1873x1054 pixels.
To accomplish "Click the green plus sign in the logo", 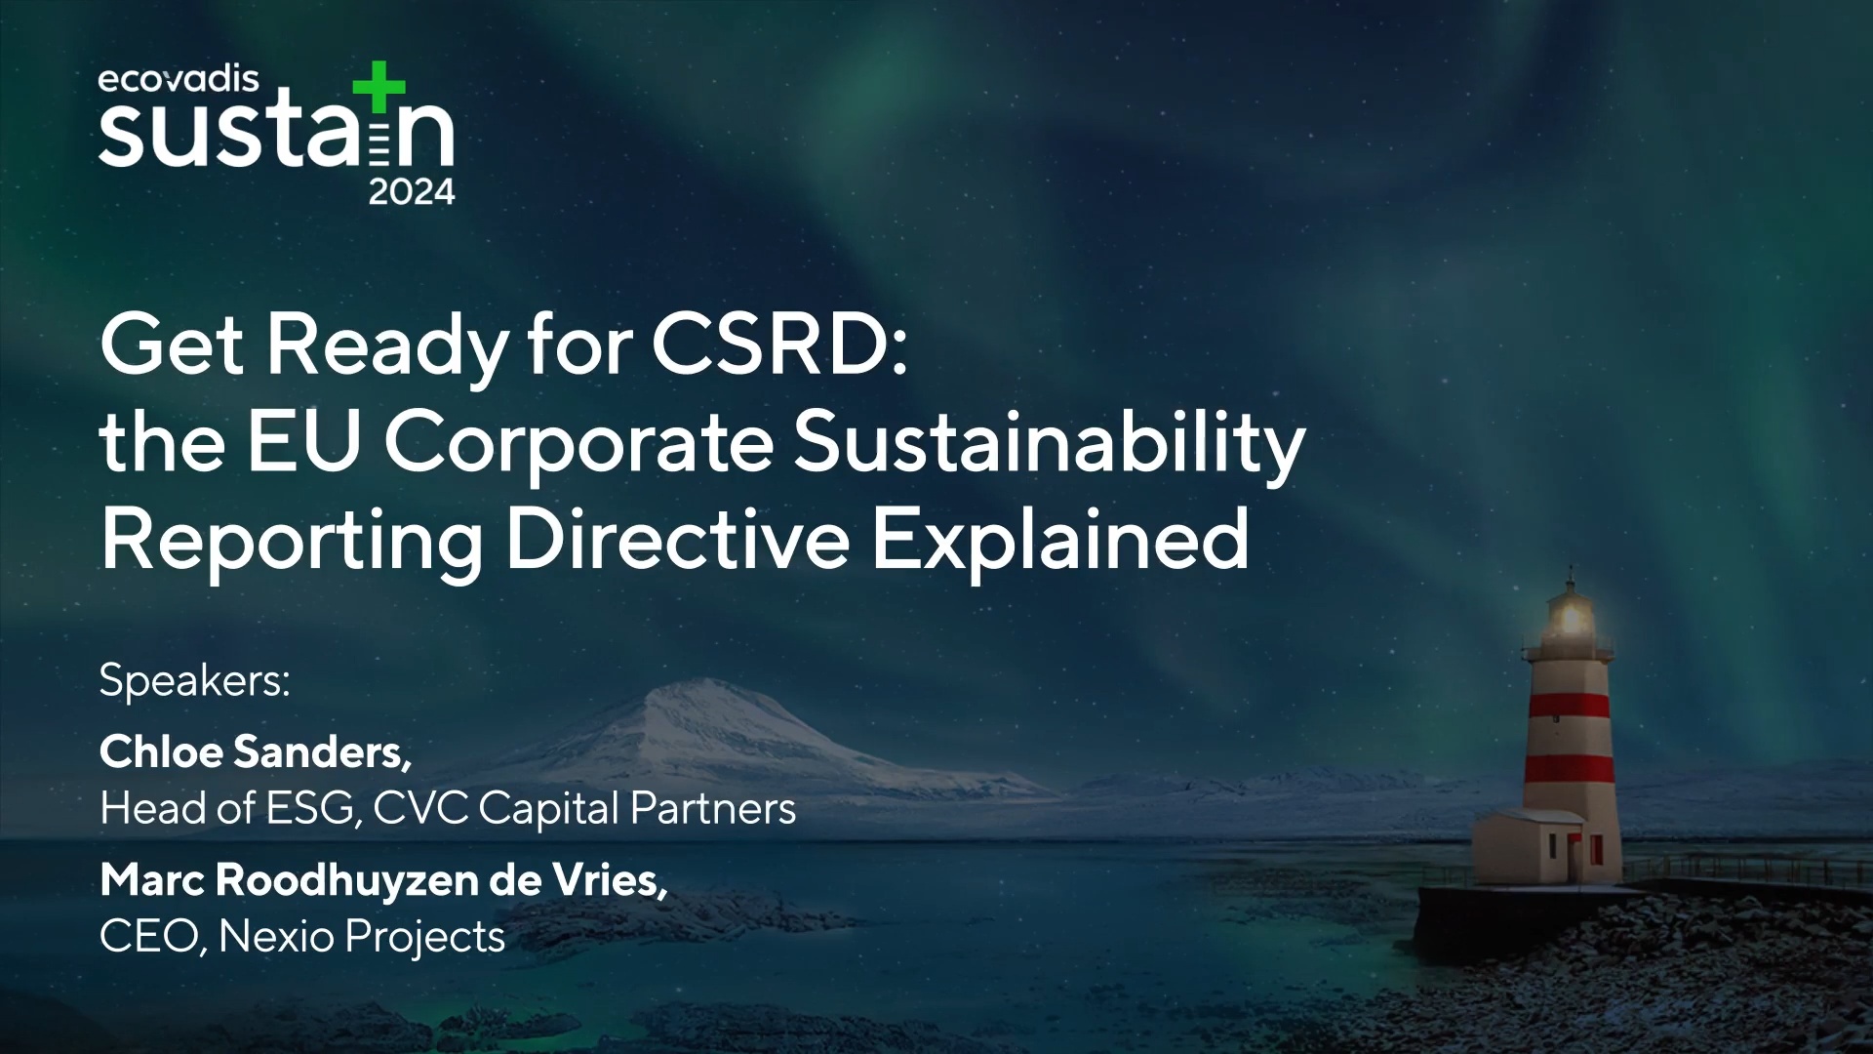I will coord(379,87).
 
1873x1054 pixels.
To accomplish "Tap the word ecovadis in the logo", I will coord(179,79).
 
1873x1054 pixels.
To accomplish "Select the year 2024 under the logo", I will coord(412,192).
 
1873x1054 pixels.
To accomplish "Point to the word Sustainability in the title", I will coord(1049,442).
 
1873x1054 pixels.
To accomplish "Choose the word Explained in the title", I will coord(1059,539).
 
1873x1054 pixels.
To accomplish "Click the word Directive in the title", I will coord(677,539).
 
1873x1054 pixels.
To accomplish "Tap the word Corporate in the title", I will coord(578,442).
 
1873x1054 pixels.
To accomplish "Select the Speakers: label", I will coord(195,680).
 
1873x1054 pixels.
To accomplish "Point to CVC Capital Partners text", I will coord(584,808).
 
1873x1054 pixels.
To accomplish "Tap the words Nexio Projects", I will coord(362,937).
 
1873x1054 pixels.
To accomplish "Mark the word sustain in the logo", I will coord(276,132).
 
